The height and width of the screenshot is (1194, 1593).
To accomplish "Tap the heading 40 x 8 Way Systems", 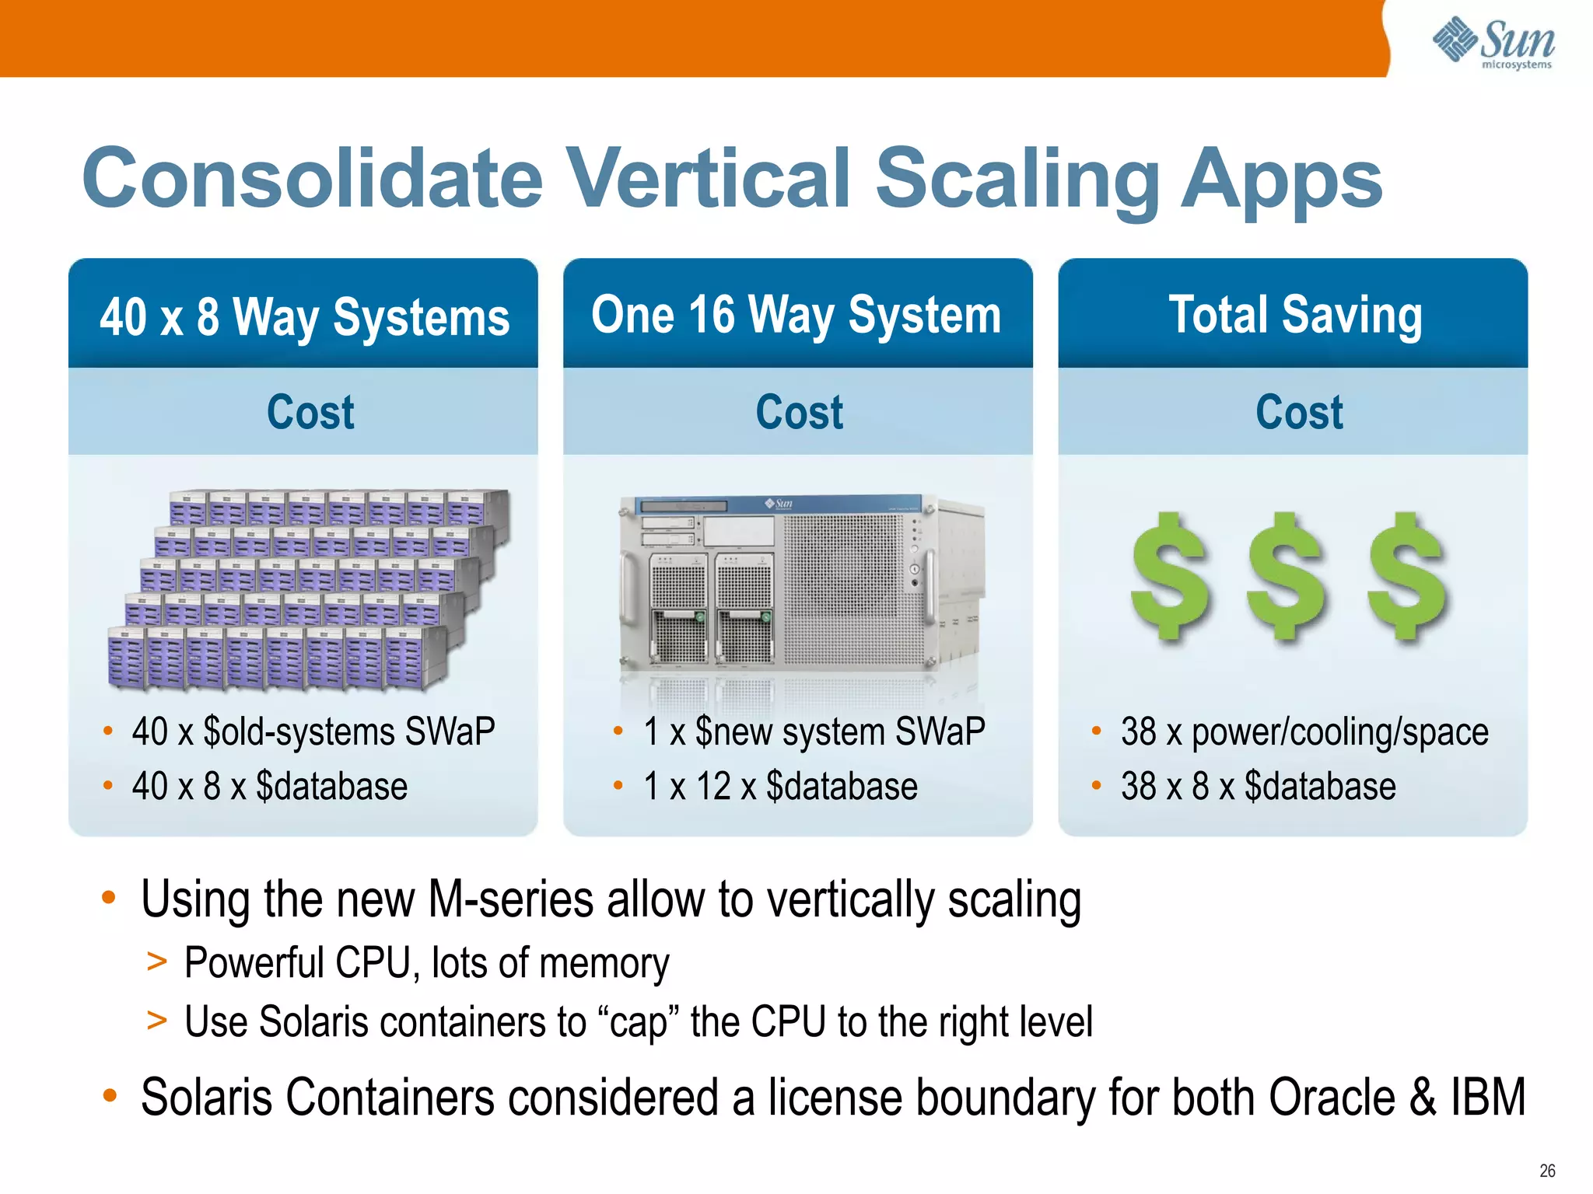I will pyautogui.click(x=304, y=316).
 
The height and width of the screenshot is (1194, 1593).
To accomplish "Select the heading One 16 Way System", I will pyautogui.click(x=796, y=315).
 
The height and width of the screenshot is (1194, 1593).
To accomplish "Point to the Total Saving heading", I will pyautogui.click(x=1295, y=315).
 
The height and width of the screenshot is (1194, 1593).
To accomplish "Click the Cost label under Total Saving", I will pyautogui.click(x=1299, y=412).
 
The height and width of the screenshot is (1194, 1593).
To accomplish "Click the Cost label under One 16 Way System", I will pyautogui.click(x=799, y=412).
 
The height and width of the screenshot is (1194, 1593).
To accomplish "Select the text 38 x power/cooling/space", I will pyautogui.click(x=1304, y=732).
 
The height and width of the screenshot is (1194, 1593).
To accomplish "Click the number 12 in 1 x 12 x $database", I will pyautogui.click(x=713, y=787).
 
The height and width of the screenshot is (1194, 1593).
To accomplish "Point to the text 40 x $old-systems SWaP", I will pyautogui.click(x=313, y=732).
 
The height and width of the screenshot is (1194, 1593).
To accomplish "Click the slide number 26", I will pyautogui.click(x=1547, y=1171).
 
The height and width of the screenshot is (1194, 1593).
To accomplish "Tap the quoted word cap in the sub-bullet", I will pyautogui.click(x=637, y=1022).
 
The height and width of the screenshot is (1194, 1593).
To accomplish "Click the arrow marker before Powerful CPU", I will pyautogui.click(x=157, y=962).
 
